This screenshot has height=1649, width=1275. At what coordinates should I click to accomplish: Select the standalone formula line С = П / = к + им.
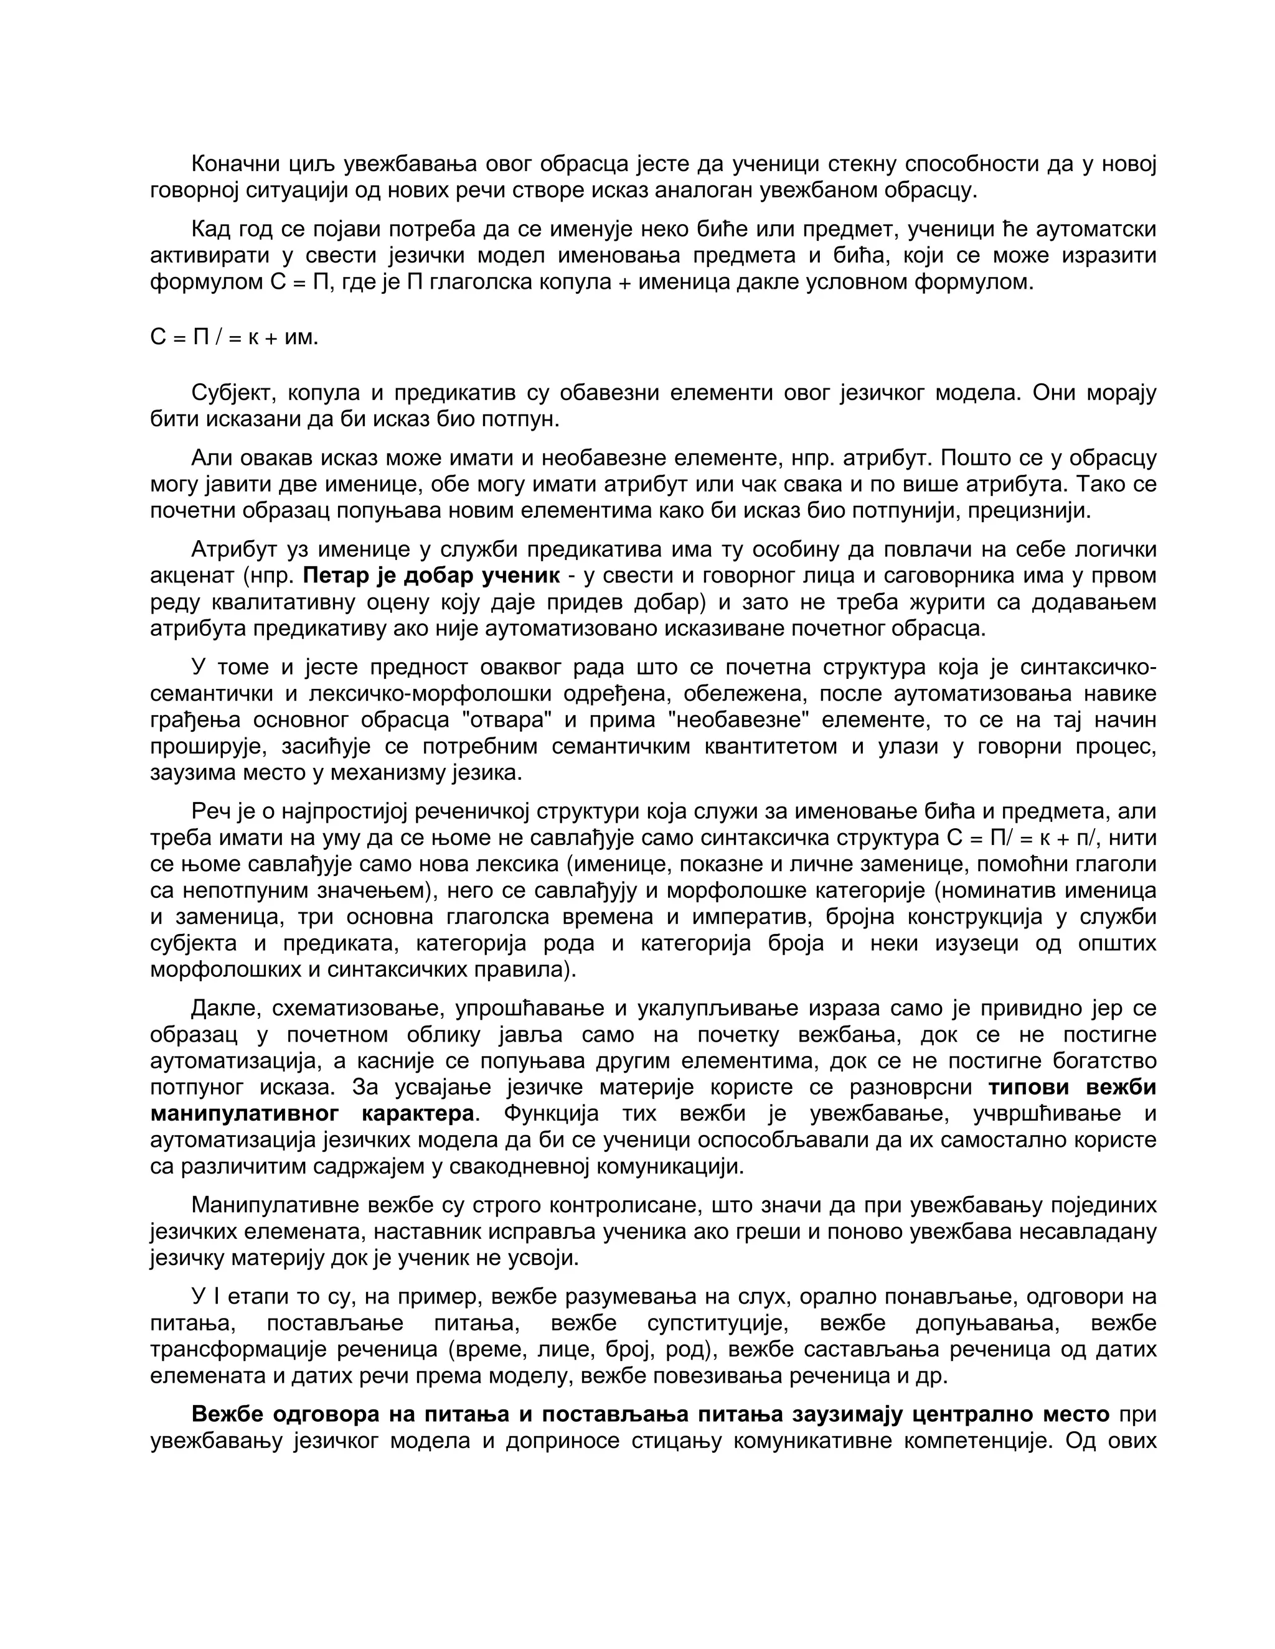point(234,337)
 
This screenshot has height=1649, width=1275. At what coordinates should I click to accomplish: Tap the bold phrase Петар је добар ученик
point(431,576)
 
